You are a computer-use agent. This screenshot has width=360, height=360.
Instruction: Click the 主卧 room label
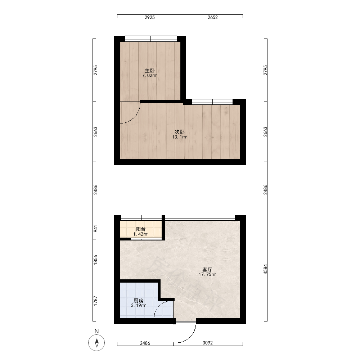[x=150, y=71]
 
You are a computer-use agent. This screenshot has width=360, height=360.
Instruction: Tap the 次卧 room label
[x=180, y=132]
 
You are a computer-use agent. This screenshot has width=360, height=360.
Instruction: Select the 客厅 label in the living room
[x=207, y=270]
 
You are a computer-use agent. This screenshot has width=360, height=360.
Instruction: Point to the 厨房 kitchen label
[x=139, y=301]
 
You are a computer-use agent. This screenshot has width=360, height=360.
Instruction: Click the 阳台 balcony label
[x=141, y=229]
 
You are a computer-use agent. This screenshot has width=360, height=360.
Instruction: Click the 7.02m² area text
[x=150, y=76]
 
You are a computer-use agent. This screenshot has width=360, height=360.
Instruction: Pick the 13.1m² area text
[x=180, y=137]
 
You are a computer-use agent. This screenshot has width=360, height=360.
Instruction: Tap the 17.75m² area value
[x=207, y=274]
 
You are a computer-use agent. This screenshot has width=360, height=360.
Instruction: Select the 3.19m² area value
[x=139, y=305]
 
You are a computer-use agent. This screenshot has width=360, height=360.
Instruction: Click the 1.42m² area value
[x=140, y=234]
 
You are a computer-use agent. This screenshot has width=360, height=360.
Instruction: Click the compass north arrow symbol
[x=96, y=343]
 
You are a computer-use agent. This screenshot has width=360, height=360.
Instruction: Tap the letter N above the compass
[x=96, y=331]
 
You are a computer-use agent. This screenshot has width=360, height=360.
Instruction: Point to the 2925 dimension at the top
[x=150, y=17]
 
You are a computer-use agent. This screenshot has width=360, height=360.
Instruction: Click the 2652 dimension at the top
[x=213, y=17]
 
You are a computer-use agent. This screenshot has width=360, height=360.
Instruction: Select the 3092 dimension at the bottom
[x=208, y=343]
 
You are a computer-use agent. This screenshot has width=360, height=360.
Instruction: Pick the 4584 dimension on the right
[x=265, y=269]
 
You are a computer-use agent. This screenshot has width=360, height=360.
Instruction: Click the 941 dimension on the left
[x=95, y=229]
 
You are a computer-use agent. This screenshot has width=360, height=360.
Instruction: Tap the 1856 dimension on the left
[x=95, y=260]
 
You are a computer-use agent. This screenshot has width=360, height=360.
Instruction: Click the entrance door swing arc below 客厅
[x=190, y=337]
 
